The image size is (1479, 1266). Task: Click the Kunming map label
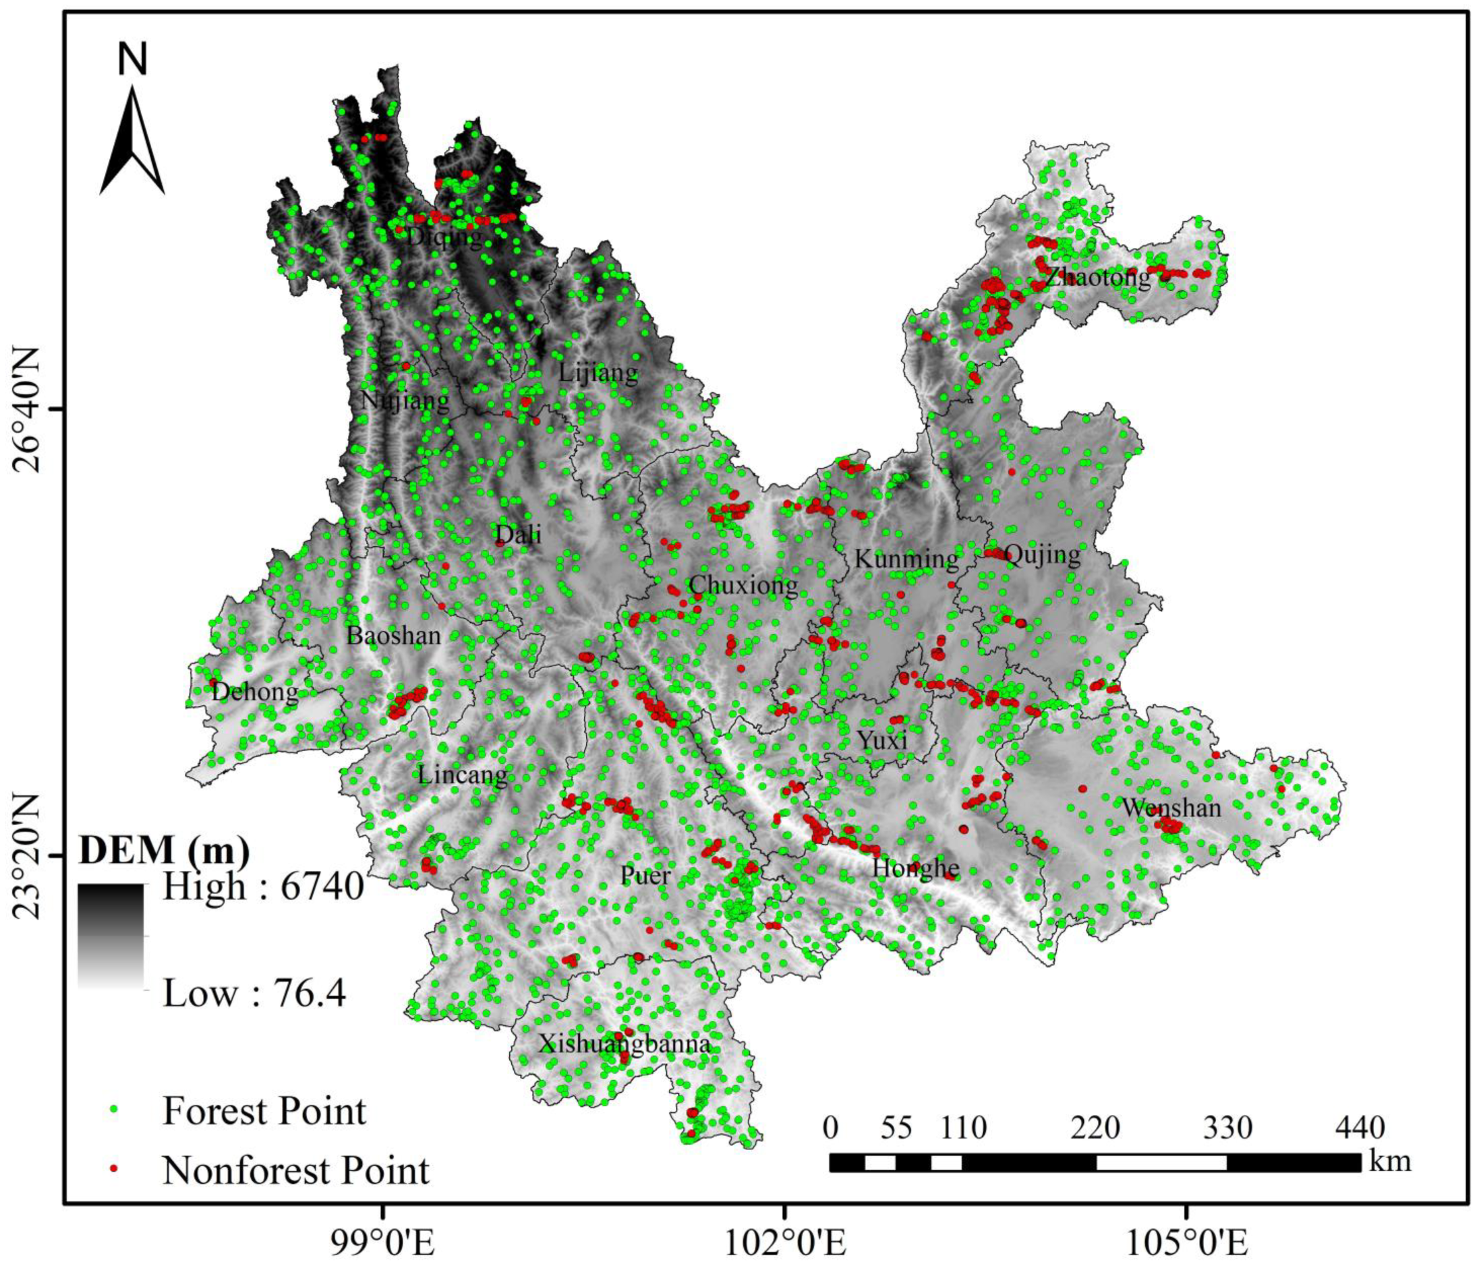point(906,559)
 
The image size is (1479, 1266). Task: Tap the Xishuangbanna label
point(624,1044)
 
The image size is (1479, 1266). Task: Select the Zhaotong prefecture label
point(1098,277)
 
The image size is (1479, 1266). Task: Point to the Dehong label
point(255,692)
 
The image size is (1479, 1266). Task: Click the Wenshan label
point(1171,808)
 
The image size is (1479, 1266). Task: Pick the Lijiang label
point(598,372)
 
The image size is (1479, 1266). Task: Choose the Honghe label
point(916,868)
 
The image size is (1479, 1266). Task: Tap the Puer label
point(645,875)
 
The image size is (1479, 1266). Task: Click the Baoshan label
point(393,636)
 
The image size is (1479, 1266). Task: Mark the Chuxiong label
point(743,585)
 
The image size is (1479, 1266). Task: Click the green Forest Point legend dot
point(114,1111)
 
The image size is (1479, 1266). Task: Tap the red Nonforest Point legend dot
point(114,1170)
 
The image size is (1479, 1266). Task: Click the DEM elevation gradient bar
point(111,936)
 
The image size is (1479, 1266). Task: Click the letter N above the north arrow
point(132,60)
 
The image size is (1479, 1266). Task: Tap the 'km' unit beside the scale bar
point(1390,1161)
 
